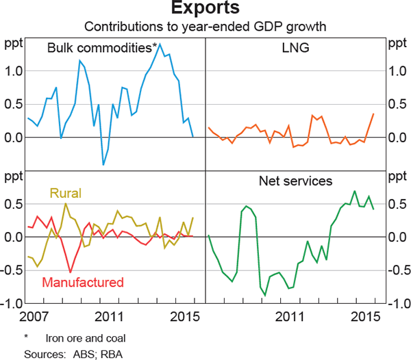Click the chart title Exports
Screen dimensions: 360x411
coord(206,10)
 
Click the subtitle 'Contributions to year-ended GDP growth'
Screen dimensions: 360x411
coord(206,28)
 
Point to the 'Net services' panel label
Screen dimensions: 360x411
coord(296,181)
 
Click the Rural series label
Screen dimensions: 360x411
coord(66,194)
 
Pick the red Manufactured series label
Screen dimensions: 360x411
coord(83,282)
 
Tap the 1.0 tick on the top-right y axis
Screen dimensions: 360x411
coord(397,71)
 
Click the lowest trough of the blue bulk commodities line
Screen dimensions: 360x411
coord(103,164)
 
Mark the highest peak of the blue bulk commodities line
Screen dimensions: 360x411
coord(160,45)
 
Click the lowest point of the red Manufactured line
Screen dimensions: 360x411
coord(70,272)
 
